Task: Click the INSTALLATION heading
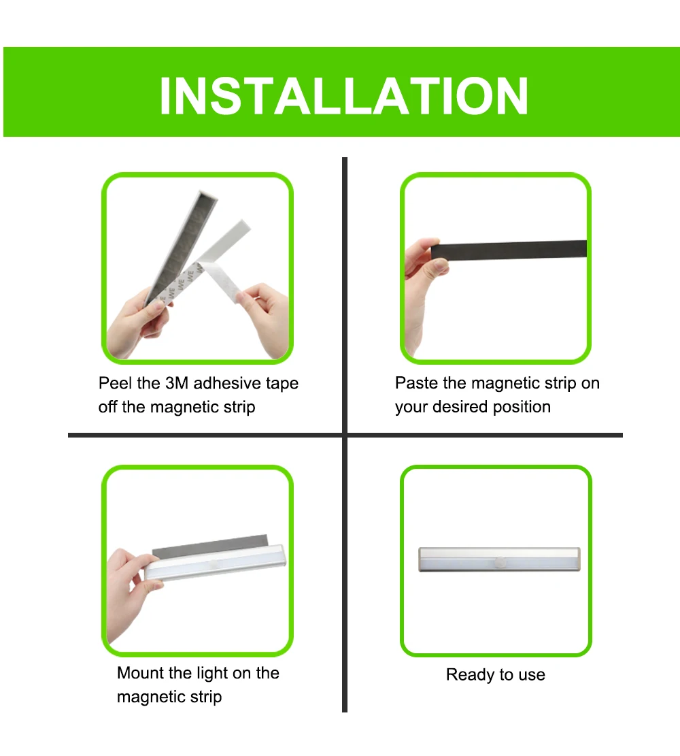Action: pos(343,96)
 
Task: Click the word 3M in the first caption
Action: pos(177,383)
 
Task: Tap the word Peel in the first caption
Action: pos(116,383)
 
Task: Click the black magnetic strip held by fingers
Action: pos(509,250)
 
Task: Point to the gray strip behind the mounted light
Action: pos(209,545)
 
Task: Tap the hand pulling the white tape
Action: pos(264,318)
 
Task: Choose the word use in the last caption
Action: pos(532,675)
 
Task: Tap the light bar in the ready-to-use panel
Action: pos(499,560)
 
